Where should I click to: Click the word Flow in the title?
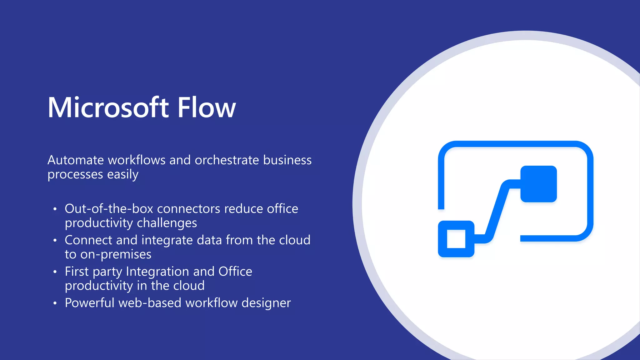pyautogui.click(x=207, y=107)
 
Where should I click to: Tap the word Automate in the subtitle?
pyautogui.click(x=76, y=160)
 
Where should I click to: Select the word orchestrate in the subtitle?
pyautogui.click(x=227, y=160)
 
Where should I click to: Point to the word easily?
pyautogui.click(x=122, y=174)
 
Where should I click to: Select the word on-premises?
pyautogui.click(x=116, y=254)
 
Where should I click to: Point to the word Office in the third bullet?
pyautogui.click(x=235, y=271)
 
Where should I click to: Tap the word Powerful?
pyautogui.click(x=90, y=303)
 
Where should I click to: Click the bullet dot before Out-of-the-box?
pyautogui.click(x=55, y=209)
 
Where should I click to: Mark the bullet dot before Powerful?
pyautogui.click(x=55, y=303)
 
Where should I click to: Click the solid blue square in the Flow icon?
pyautogui.click(x=538, y=184)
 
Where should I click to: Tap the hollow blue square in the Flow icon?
pyautogui.click(x=456, y=239)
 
